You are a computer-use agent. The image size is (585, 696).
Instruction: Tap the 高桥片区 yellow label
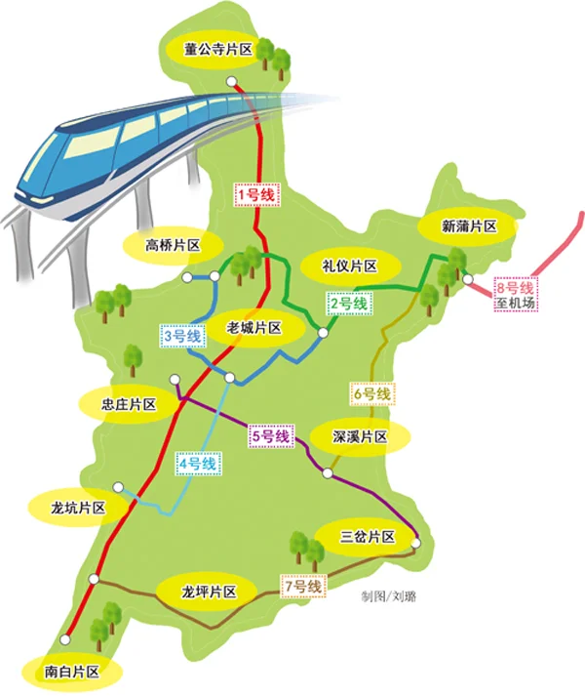click(173, 245)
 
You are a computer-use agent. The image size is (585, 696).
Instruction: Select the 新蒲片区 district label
click(469, 225)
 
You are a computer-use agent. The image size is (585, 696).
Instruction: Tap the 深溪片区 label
click(360, 436)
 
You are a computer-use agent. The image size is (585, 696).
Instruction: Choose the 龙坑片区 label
click(78, 508)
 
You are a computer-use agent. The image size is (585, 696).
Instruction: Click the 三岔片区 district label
click(368, 537)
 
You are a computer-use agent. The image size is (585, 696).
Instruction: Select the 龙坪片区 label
click(210, 593)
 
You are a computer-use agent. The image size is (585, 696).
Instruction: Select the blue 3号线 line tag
click(182, 336)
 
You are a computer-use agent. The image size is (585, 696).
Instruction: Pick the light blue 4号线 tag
click(197, 465)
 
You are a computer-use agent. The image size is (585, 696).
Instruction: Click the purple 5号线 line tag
click(271, 437)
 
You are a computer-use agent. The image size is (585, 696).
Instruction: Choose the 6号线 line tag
click(370, 394)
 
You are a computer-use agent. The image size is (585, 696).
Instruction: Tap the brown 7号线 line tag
click(302, 588)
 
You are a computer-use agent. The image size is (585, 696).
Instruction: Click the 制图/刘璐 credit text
click(388, 595)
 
